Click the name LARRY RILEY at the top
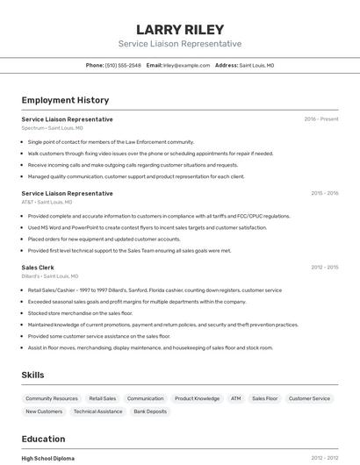[x=180, y=30]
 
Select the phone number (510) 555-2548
[x=123, y=65]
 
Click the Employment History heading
[x=65, y=100]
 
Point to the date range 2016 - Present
[x=321, y=119]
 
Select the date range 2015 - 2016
[x=324, y=193]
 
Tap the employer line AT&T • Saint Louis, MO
[x=47, y=202]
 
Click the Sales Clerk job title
[x=38, y=267]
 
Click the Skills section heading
[x=32, y=376]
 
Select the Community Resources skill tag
[x=52, y=398]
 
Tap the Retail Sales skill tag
[x=103, y=398]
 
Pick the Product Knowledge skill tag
[x=197, y=398]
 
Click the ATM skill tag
[x=236, y=398]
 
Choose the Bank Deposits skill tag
[x=150, y=411]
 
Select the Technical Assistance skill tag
[x=97, y=411]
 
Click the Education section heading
[x=43, y=439]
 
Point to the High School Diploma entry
[x=48, y=458]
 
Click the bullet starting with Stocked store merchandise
[x=80, y=313]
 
